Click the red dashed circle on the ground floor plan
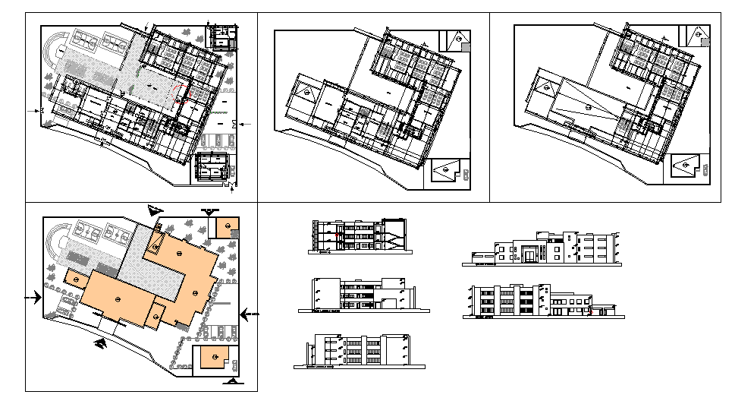(180, 94)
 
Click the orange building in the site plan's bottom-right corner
(215, 358)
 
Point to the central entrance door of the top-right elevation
(529, 254)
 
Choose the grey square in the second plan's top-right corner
(465, 47)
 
